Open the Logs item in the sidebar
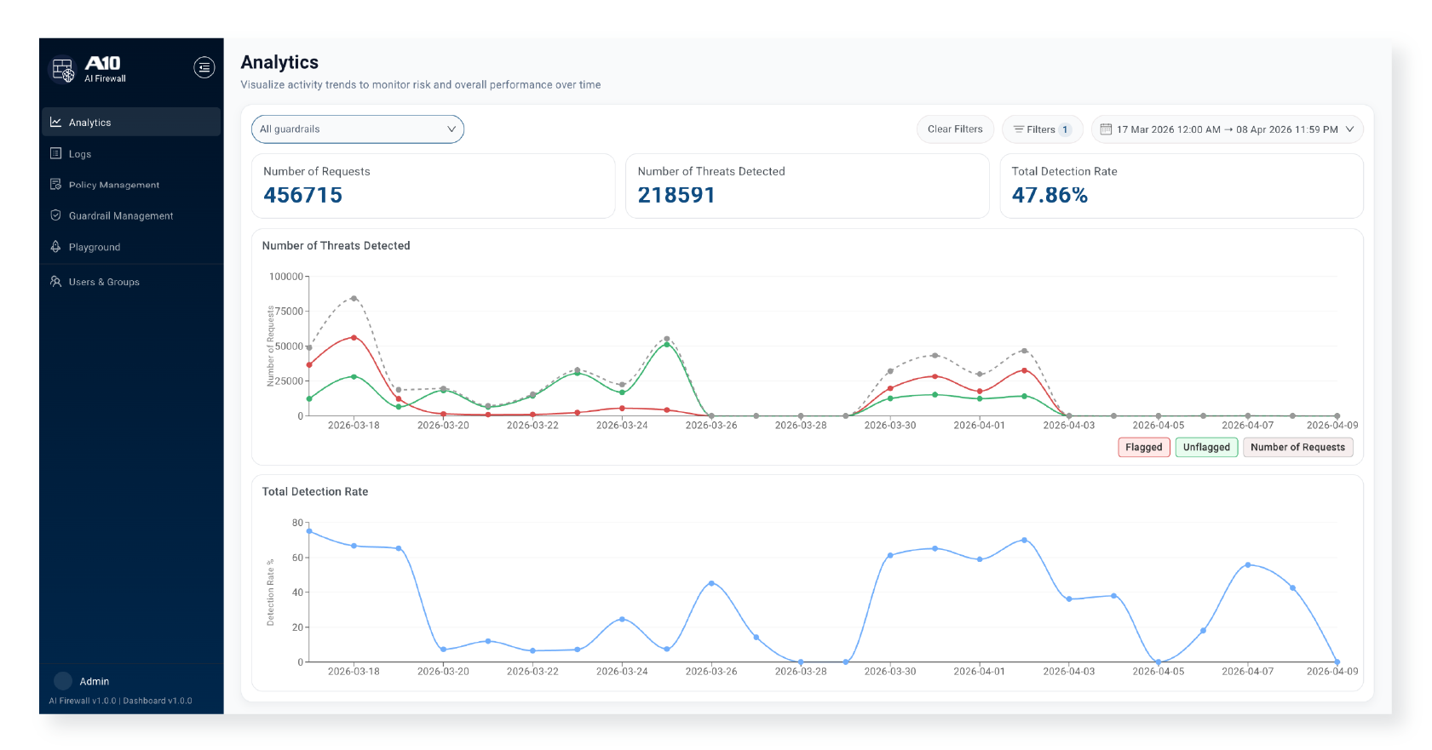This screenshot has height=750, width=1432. (80, 154)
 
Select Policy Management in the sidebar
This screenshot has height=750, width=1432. (113, 185)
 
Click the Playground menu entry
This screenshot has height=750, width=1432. (94, 247)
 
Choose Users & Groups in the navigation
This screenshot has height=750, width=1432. (103, 282)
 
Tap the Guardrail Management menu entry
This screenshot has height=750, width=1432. (120, 216)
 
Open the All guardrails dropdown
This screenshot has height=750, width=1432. (358, 129)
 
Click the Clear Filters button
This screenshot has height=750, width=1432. (955, 129)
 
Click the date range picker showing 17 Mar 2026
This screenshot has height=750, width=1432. (1227, 129)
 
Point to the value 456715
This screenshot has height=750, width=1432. (302, 195)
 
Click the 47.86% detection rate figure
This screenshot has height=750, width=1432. (1050, 195)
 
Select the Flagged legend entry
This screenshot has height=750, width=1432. (1143, 447)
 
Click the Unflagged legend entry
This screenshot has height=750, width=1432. (1206, 447)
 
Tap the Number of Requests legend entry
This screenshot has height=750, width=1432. (1297, 447)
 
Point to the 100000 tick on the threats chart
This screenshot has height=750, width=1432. (286, 277)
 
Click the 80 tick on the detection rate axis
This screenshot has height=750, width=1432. (297, 523)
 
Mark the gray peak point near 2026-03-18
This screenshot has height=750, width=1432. (354, 298)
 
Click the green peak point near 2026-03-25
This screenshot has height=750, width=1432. (667, 344)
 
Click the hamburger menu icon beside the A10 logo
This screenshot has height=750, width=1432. (204, 67)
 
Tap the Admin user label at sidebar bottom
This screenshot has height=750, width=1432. (94, 681)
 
